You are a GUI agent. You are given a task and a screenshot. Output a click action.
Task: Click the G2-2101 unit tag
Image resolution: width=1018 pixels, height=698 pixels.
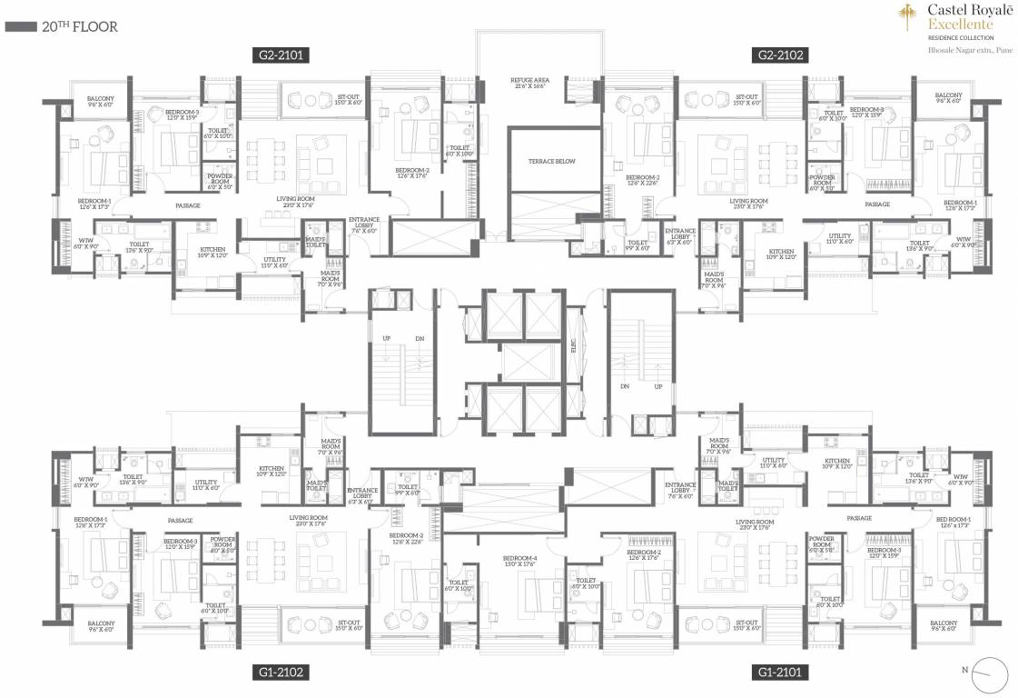click(x=282, y=55)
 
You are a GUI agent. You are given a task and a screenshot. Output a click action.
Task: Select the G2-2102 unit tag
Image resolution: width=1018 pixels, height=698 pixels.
click(x=781, y=55)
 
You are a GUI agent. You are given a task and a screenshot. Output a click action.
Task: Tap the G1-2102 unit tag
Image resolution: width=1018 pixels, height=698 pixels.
click(x=282, y=672)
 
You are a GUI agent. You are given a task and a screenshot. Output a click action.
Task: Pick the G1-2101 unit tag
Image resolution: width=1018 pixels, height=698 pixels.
click(x=781, y=672)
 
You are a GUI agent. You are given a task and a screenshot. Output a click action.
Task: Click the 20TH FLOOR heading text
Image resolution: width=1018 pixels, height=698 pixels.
click(x=80, y=27)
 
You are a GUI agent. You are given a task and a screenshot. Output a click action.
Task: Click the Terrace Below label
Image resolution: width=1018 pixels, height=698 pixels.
click(x=552, y=161)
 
